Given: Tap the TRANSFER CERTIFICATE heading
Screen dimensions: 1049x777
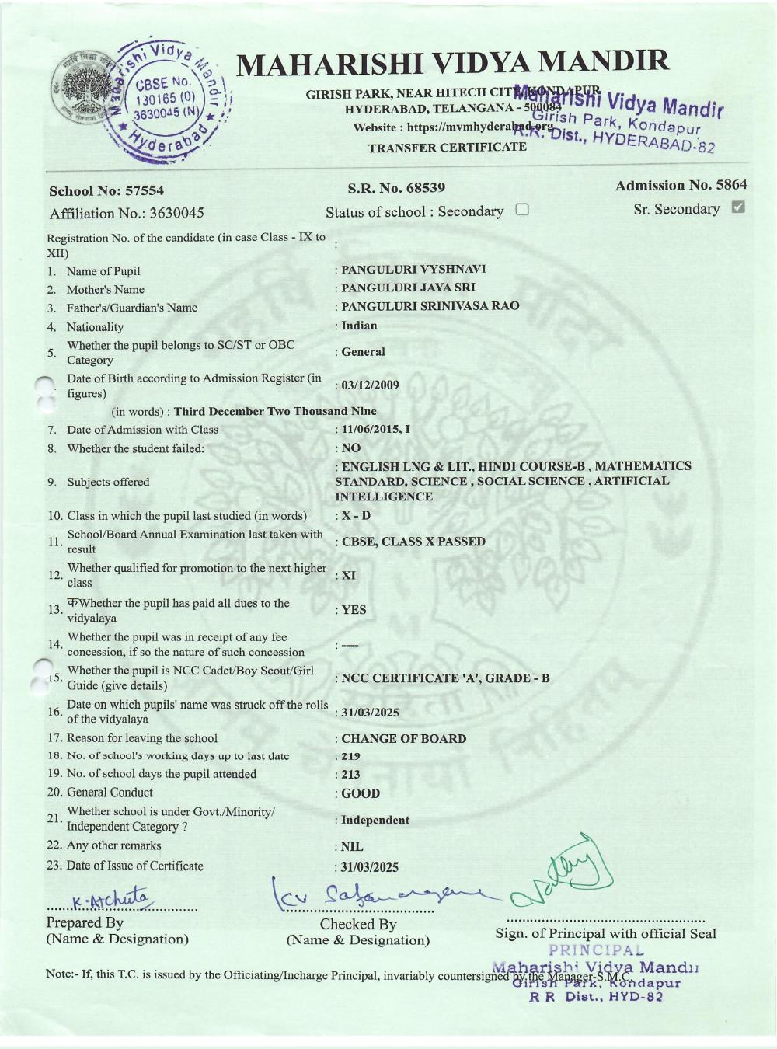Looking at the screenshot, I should pos(447,148).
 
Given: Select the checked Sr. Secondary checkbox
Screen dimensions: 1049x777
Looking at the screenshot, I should pos(738,207).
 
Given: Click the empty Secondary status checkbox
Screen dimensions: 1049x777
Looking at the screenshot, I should pos(522,210).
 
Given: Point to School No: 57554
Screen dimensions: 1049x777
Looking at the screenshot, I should pos(106,191).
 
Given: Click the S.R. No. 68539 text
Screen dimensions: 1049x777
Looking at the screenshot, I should pos(396,188).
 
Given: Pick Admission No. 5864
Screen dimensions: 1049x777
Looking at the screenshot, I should pos(681,185).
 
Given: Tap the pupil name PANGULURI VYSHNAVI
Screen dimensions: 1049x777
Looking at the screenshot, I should pos(413,270).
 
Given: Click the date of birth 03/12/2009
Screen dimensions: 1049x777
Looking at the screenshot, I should pos(370,385).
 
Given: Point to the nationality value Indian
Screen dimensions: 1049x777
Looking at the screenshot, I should pos(359,326).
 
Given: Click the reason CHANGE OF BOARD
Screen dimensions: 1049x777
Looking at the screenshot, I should pos(403,739).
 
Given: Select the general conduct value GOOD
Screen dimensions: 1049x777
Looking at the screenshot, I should pos(361,794).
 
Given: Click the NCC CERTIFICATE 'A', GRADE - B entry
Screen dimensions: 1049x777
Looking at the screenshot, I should pos(445,678).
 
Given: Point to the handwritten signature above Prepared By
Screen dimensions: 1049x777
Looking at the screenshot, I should pos(113,899).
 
